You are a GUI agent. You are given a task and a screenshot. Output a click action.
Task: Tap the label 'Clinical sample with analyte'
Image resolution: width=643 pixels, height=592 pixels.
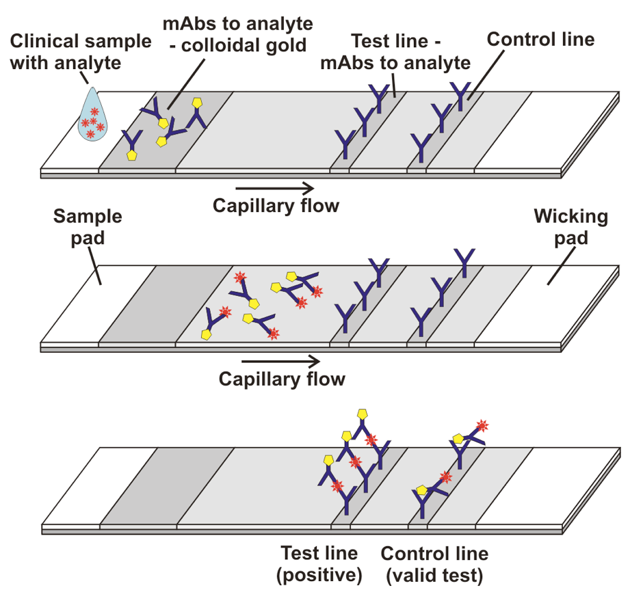pos(81,52)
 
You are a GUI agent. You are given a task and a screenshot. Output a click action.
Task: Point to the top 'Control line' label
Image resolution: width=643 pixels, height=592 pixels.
pos(540,39)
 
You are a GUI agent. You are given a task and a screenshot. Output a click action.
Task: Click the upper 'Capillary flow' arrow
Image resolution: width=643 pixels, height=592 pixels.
pos(274,187)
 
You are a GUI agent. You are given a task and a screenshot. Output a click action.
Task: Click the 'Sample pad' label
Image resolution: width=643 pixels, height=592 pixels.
pos(88,228)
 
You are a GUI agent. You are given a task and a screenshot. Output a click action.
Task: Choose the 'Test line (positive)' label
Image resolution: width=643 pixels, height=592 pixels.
pos(319,564)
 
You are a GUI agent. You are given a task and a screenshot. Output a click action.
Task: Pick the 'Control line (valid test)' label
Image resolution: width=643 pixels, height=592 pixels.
pos(434,564)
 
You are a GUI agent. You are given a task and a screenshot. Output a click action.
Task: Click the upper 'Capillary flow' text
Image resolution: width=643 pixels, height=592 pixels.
pos(276,205)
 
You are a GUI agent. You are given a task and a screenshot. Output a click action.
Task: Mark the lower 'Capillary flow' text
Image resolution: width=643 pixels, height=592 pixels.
pos(282,379)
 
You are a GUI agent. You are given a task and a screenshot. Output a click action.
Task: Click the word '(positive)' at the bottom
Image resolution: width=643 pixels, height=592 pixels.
pos(319,576)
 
